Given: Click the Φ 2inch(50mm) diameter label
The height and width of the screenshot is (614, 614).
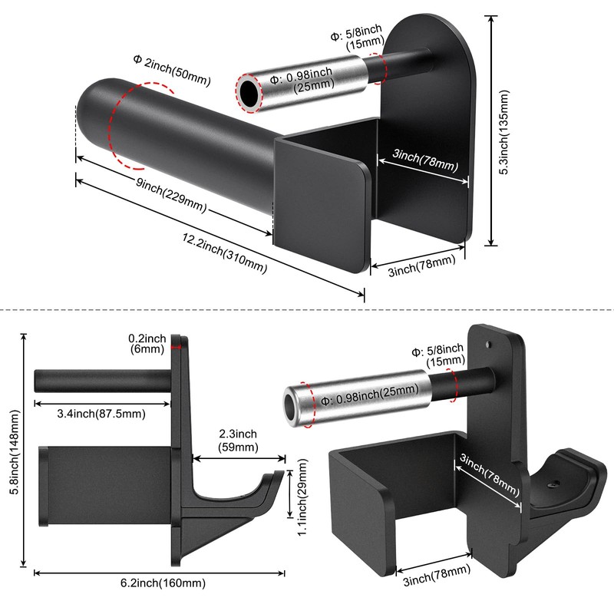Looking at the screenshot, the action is pos(172,71).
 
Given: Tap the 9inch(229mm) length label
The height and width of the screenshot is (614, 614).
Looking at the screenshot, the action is pos(171,195).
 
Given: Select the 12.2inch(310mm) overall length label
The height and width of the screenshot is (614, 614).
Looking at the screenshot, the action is pos(224,253).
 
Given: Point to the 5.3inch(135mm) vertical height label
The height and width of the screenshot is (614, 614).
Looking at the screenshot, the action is pos(504,132).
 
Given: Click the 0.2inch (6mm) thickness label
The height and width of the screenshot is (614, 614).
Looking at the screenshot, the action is pos(147,343).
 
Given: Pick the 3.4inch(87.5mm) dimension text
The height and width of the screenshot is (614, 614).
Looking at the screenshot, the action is pos(101,414).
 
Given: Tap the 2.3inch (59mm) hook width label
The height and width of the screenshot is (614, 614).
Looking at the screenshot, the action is pos(238,440).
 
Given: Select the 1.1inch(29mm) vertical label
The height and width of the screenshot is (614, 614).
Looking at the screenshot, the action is pos(302,497).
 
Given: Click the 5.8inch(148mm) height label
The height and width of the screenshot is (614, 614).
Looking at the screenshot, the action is pos(15,452).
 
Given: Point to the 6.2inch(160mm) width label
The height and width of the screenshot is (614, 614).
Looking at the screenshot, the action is pos(163,583).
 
